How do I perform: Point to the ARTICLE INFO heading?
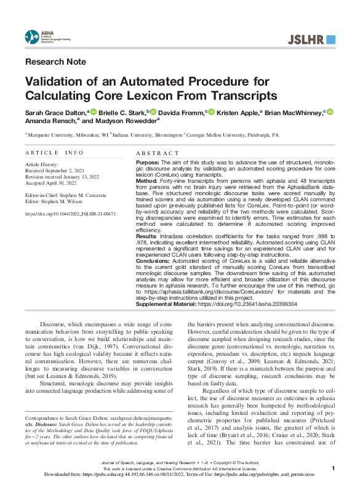click(x=54, y=152)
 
